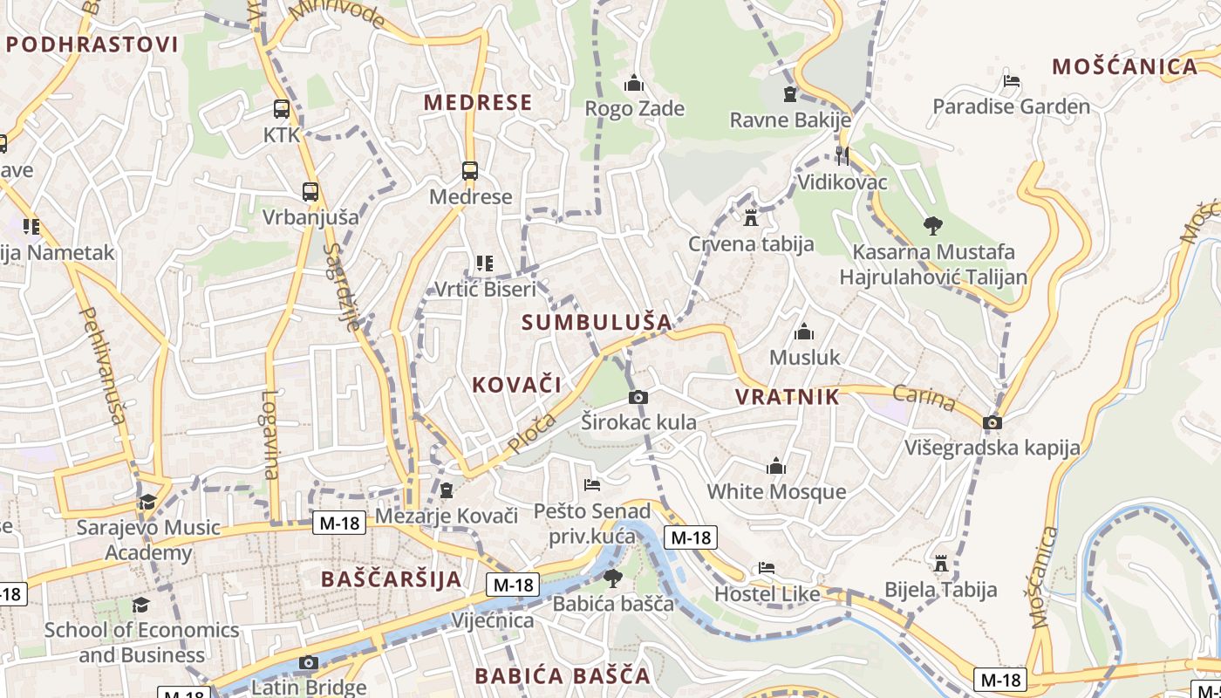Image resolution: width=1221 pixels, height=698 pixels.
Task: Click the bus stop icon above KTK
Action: coord(281,109)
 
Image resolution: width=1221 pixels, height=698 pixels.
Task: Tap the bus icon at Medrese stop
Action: coord(470,171)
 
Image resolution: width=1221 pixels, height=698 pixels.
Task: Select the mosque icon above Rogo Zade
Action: coord(634,84)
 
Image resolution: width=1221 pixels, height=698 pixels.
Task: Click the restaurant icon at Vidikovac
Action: coord(842,156)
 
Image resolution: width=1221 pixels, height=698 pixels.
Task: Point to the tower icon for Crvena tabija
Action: coord(751,217)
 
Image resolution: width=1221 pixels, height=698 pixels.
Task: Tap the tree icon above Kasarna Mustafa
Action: coord(933,226)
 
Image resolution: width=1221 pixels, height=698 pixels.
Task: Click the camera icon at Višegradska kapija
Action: coord(992,423)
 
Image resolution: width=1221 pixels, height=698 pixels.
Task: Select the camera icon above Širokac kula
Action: coord(638,398)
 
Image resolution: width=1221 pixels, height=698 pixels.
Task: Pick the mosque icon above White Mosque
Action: coord(775,467)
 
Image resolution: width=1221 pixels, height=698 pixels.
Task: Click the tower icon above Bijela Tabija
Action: coord(940,564)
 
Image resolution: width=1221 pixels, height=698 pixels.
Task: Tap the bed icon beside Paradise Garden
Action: coord(1012,81)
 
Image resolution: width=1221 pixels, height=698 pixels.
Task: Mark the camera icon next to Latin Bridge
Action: coord(308,663)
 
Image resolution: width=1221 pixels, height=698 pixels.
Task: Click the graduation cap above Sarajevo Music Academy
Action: coord(147,503)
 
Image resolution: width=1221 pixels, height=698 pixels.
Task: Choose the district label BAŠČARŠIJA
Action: coord(391,579)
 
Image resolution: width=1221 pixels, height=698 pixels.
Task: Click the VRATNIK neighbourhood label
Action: coord(787,397)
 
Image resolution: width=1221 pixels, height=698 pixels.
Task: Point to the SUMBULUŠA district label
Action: coord(597,322)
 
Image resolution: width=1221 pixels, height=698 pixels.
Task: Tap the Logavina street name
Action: coord(269,435)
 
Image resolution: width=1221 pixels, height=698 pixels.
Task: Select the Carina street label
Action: coord(924,399)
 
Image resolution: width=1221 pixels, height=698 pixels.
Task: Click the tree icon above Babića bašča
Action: coord(613,577)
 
